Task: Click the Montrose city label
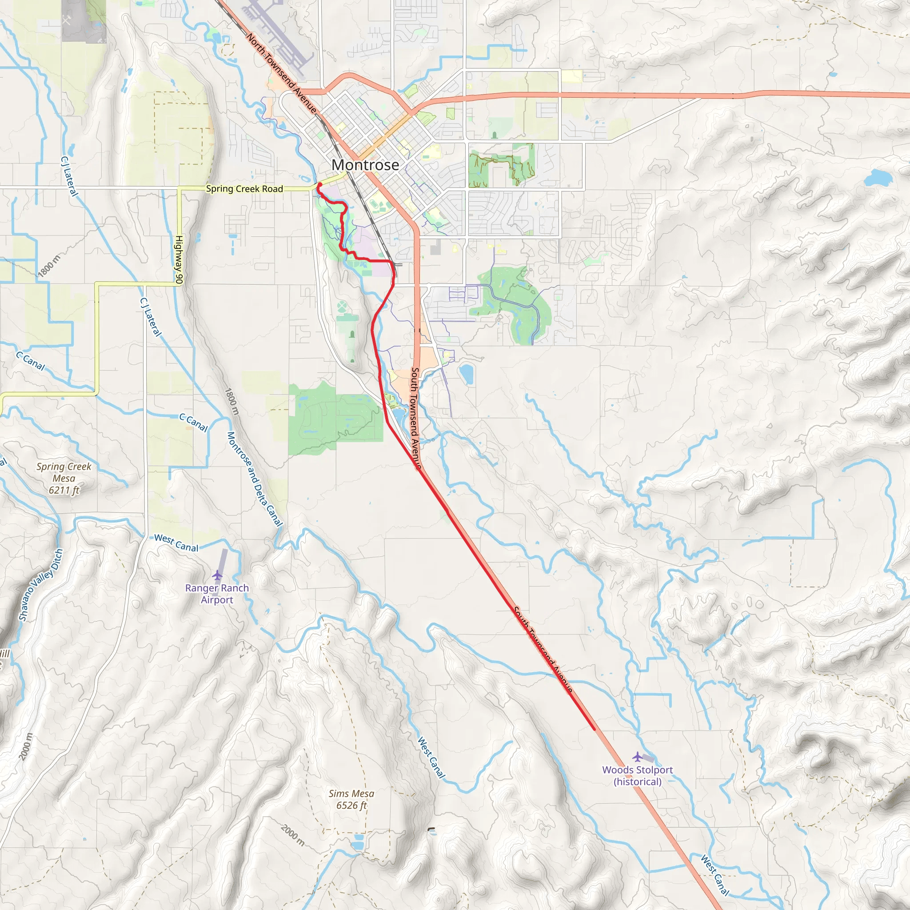[365, 165]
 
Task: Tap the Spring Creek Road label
[244, 189]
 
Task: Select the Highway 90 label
[179, 259]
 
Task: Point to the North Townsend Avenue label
[281, 73]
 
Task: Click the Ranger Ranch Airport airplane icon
[217, 575]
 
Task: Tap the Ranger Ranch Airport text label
[217, 594]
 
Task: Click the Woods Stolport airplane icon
[637, 757]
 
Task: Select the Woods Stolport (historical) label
[637, 776]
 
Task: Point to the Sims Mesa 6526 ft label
[351, 799]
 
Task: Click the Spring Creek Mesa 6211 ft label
[64, 478]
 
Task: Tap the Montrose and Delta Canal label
[254, 479]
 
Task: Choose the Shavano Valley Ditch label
[40, 585]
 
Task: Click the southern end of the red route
[594, 729]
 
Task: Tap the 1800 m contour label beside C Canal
[232, 401]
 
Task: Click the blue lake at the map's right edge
[878, 178]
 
